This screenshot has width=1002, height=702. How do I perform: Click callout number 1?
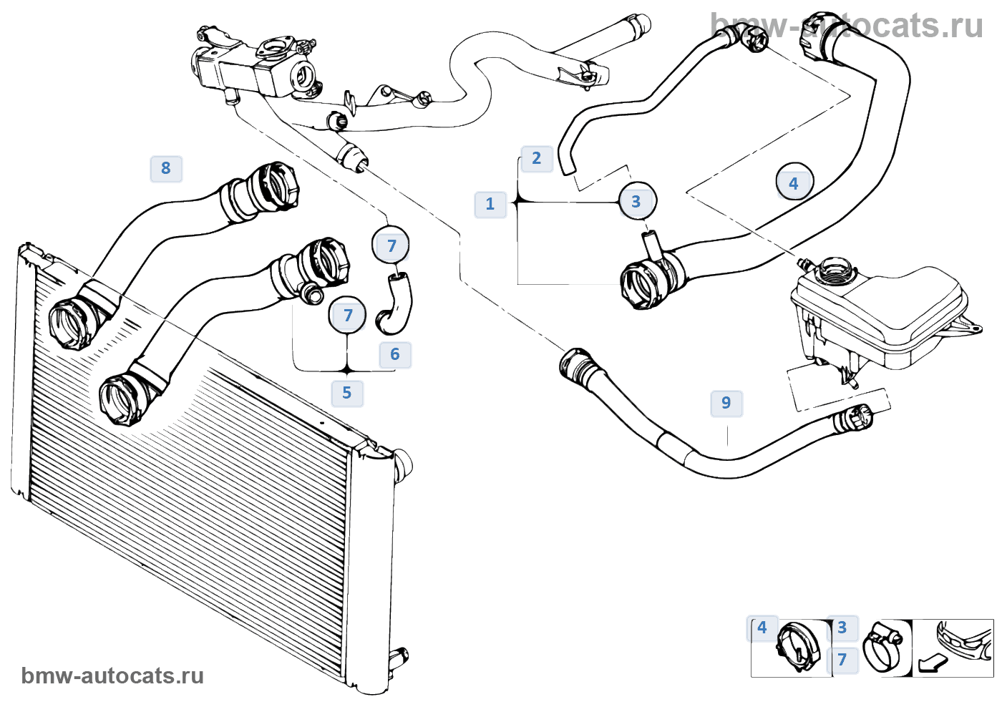point(490,204)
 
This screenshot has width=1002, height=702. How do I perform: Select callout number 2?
point(537,158)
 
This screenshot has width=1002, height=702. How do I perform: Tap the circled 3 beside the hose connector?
point(636,202)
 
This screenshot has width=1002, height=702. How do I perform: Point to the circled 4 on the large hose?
point(793,184)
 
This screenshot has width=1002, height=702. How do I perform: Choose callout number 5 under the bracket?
point(347,393)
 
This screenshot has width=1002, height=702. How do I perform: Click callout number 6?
point(395,354)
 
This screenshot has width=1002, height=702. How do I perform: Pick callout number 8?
point(166,168)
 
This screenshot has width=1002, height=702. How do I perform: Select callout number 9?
point(726,403)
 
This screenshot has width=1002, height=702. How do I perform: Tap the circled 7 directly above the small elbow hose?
point(391,246)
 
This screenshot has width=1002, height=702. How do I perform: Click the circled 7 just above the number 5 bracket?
point(348,316)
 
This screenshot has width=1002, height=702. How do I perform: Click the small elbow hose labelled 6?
point(395,304)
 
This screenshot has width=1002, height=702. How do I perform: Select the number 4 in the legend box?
point(762,628)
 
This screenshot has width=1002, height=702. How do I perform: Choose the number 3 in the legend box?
point(842,628)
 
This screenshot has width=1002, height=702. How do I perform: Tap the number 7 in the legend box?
point(842,660)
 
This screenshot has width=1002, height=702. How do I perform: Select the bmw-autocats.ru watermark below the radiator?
point(112,676)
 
